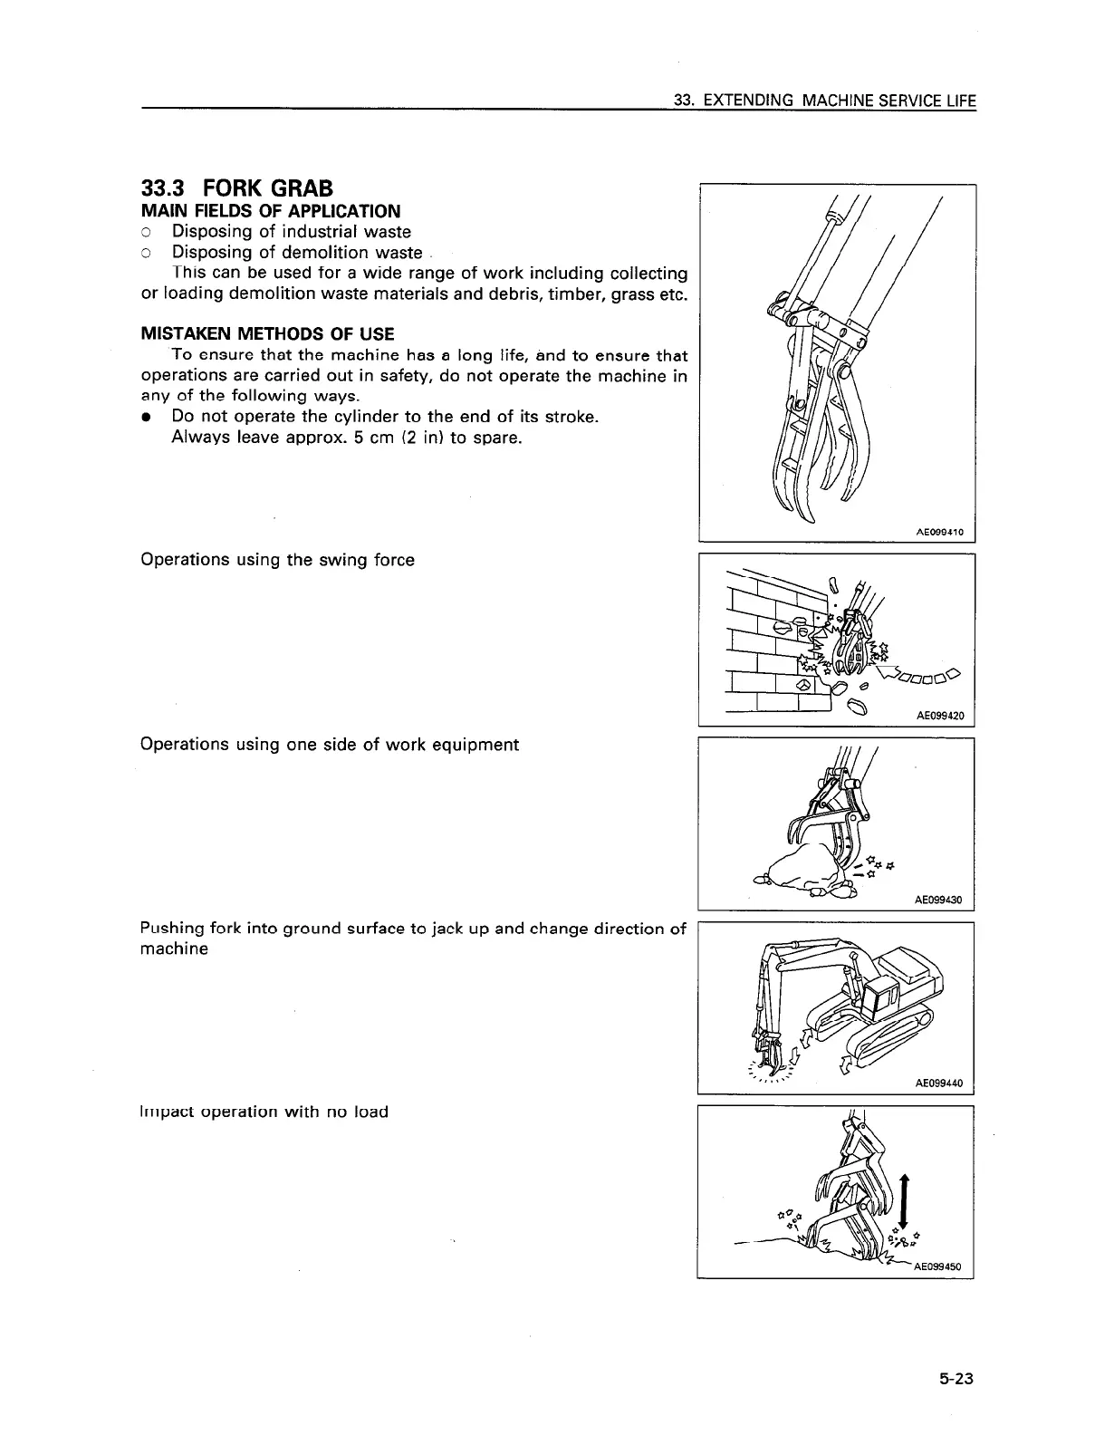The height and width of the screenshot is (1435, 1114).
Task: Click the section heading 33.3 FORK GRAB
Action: [237, 188]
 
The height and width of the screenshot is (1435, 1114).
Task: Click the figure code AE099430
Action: [938, 900]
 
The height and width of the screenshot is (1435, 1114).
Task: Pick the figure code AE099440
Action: [938, 1083]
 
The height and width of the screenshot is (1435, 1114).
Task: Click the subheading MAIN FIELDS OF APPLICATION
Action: [270, 211]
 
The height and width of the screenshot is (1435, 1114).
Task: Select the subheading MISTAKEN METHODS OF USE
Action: [267, 333]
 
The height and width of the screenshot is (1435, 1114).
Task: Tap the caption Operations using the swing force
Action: [277, 560]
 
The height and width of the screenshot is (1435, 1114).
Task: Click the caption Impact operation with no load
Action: [264, 1112]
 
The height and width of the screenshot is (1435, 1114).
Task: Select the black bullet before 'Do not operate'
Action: [146, 417]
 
